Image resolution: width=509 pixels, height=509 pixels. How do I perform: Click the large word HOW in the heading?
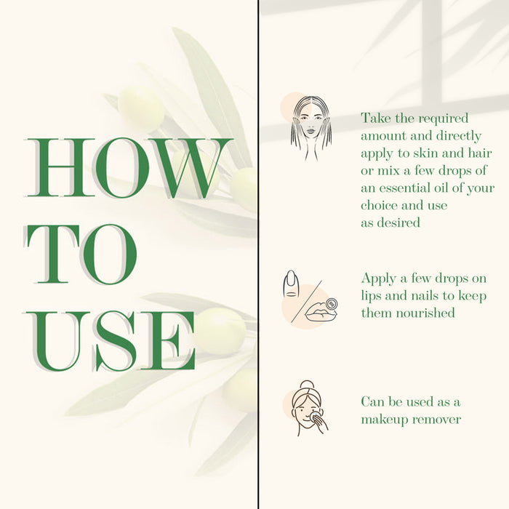click(x=128, y=168)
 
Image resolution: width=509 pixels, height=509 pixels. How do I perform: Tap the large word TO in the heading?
click(x=81, y=254)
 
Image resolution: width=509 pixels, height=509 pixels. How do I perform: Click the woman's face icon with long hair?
click(x=311, y=128)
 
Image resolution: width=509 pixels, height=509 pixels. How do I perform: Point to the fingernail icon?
click(x=291, y=284)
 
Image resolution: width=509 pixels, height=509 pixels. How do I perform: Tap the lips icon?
click(x=321, y=311)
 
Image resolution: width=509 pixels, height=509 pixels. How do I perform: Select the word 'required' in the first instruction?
click(x=443, y=119)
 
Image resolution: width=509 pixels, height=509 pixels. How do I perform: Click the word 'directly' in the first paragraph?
click(x=458, y=137)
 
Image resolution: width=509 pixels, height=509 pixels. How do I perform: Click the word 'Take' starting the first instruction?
click(x=376, y=118)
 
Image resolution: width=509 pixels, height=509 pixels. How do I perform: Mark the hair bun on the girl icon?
click(x=306, y=385)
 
